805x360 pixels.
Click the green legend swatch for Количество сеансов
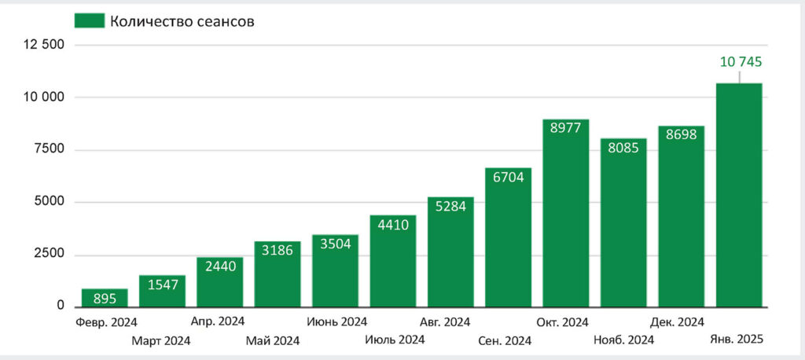tap(90, 20)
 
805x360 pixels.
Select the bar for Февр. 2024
tap(105, 298)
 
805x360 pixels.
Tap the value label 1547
tap(162, 285)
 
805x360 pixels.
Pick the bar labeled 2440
tap(220, 282)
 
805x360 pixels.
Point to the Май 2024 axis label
tap(273, 340)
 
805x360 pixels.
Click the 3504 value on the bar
tap(335, 244)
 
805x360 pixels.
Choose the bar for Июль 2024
tap(393, 261)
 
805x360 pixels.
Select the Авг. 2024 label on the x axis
tap(445, 322)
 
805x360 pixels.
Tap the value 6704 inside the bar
tap(508, 177)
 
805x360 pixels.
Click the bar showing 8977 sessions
tap(566, 213)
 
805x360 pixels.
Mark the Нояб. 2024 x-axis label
tap(623, 340)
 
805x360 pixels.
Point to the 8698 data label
tap(681, 135)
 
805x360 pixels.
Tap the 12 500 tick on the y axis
tap(44, 45)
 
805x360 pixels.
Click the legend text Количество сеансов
tap(182, 21)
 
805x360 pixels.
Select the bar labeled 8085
tap(623, 223)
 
